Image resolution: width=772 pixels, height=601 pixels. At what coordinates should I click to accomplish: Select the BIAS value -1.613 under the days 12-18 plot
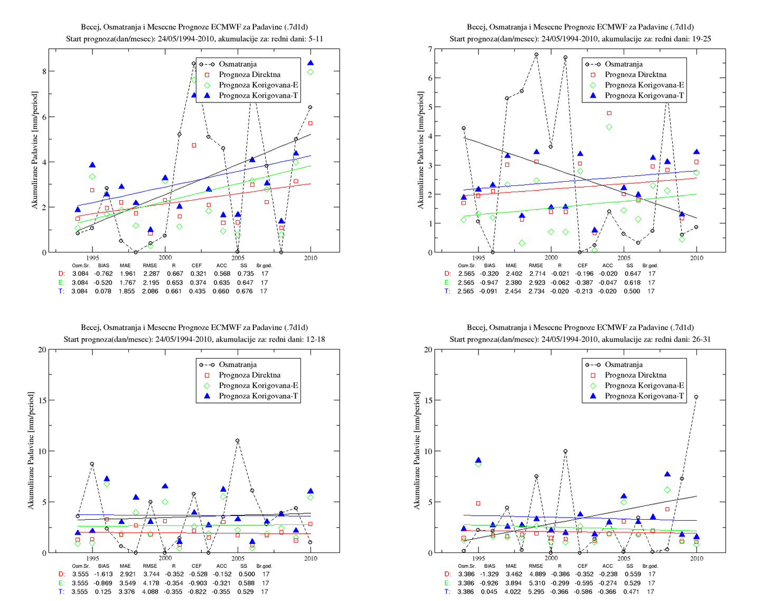click(x=103, y=574)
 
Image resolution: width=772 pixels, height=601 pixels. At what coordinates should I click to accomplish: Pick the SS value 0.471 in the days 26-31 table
click(x=632, y=591)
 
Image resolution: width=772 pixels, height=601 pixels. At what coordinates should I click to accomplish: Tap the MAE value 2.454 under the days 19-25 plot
click(x=513, y=292)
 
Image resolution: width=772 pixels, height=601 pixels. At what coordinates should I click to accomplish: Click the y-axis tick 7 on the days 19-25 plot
click(x=430, y=49)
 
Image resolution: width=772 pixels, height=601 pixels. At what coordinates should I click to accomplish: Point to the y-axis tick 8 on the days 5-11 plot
click(x=44, y=71)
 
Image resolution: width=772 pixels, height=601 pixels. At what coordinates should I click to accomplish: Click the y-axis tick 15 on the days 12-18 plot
click(x=42, y=400)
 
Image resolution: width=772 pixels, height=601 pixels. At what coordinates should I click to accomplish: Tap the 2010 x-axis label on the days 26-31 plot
click(x=696, y=558)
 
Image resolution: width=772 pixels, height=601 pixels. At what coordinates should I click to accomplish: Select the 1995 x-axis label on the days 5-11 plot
click(x=92, y=258)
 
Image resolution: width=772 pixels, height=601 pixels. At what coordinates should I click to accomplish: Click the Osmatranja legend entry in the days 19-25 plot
click(x=624, y=64)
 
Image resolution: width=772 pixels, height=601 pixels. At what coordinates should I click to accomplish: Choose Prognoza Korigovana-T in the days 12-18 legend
click(x=258, y=396)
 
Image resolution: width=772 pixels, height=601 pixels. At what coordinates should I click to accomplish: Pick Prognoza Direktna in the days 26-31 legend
click(x=636, y=375)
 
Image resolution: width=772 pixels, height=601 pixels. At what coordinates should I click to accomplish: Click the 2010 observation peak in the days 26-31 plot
click(x=696, y=397)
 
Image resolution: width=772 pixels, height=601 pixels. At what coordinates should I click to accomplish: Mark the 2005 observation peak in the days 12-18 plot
click(x=237, y=441)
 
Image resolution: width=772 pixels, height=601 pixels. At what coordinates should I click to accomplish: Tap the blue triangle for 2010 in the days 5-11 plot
click(x=310, y=63)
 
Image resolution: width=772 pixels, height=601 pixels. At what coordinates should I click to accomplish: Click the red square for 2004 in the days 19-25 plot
click(x=609, y=114)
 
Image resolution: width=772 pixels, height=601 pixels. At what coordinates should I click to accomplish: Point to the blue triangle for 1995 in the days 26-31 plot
click(x=478, y=461)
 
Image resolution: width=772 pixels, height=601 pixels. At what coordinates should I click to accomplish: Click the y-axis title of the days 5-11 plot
click(x=34, y=150)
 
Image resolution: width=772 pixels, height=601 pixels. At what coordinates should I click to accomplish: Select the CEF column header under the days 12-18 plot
click(x=196, y=566)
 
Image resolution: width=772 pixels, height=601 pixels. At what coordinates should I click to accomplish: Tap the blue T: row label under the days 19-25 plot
click(x=447, y=292)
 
